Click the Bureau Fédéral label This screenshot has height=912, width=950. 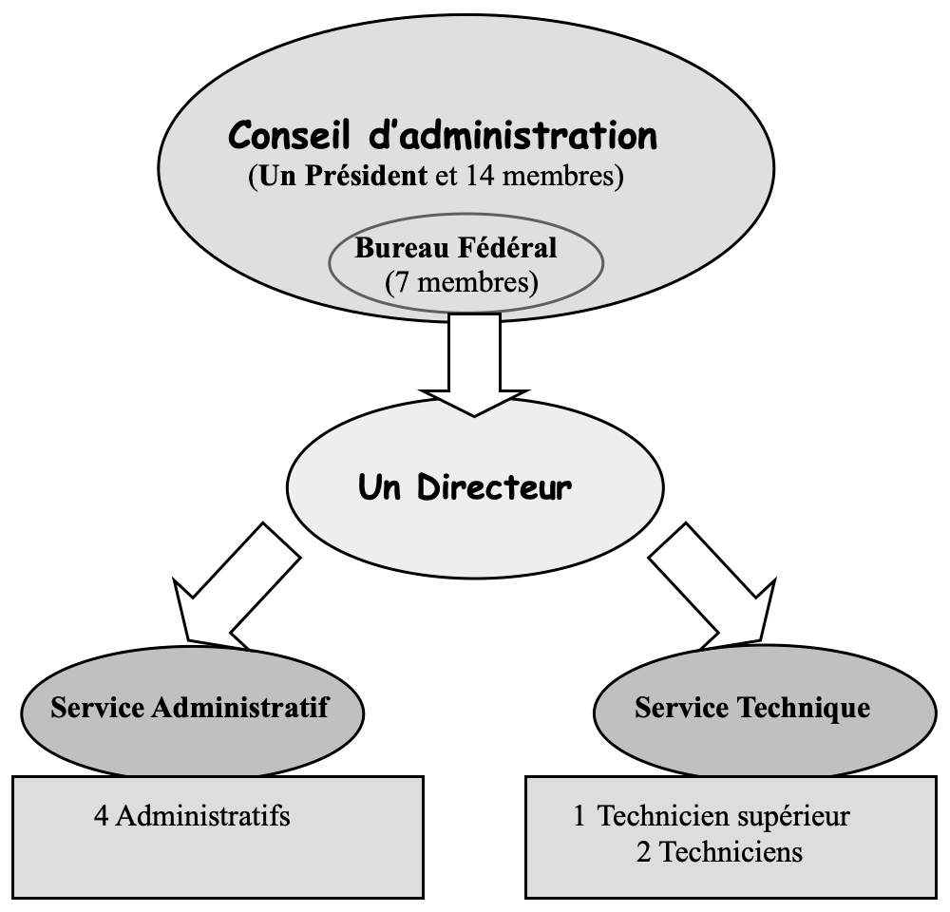tap(455, 250)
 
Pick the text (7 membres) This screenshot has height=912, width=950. tap(460, 282)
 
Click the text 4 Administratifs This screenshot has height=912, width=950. tap(192, 815)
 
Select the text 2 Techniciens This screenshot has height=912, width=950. tap(719, 852)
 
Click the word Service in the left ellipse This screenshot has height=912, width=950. tap(93, 708)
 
